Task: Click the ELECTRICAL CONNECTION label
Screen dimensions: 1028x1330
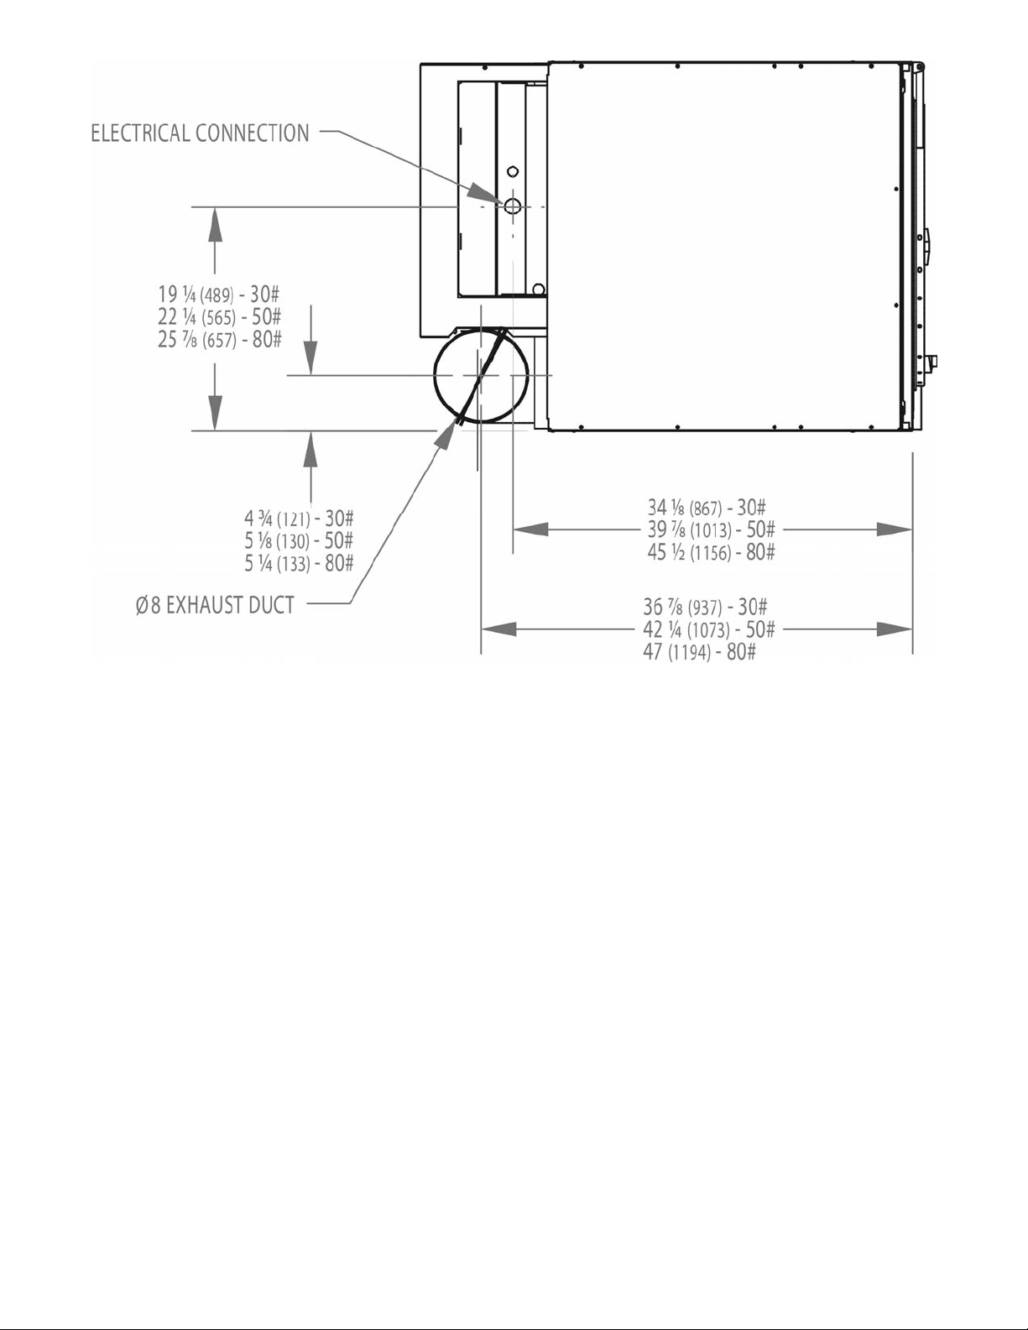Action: tap(200, 133)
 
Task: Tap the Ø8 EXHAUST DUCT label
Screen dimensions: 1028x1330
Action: tap(215, 605)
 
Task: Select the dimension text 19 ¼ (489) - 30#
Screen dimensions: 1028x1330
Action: tap(218, 295)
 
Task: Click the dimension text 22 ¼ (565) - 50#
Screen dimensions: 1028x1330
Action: tap(220, 317)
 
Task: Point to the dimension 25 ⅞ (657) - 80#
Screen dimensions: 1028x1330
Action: tap(220, 339)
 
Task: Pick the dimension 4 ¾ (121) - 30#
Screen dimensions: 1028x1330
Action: tap(300, 519)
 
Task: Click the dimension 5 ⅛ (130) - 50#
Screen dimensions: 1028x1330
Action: tap(300, 541)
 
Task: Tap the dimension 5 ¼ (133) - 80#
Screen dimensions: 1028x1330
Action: tap(300, 563)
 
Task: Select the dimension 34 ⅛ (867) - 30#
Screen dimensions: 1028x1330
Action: tap(707, 508)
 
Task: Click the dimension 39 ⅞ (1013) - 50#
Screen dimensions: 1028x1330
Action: tap(711, 529)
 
